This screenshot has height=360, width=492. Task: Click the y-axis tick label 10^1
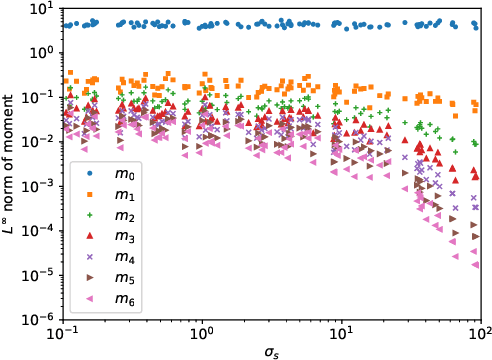coord(44,8)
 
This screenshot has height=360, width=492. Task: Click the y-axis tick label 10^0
coord(44,52)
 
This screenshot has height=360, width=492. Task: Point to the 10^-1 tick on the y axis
coord(42,97)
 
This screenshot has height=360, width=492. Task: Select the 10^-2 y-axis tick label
coord(42,142)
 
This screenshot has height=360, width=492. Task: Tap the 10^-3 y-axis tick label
coord(42,186)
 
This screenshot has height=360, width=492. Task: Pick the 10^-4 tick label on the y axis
coord(42,231)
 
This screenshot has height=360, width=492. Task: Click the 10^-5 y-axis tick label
coord(42,275)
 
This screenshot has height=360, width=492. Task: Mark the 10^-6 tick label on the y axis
coord(42,319)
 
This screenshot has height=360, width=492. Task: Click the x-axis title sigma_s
coord(271,351)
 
